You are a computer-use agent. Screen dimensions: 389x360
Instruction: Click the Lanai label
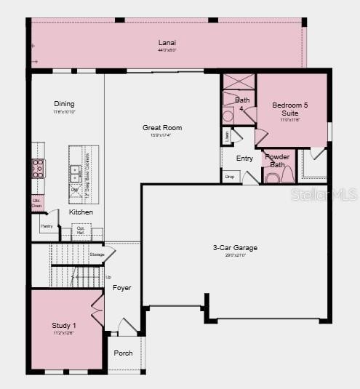pyautogui.click(x=167, y=43)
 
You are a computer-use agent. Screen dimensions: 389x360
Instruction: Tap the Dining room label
pyautogui.click(x=64, y=104)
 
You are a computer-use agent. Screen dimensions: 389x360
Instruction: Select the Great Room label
pyautogui.click(x=162, y=128)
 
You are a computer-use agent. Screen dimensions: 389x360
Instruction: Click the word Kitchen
pyautogui.click(x=81, y=212)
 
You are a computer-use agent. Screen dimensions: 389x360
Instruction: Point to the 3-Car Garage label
pyautogui.click(x=235, y=248)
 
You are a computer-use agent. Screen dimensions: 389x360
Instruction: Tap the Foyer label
pyautogui.click(x=122, y=288)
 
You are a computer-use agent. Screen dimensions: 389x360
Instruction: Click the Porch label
pyautogui.click(x=124, y=353)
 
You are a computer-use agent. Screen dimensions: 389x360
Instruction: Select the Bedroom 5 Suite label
pyautogui.click(x=289, y=109)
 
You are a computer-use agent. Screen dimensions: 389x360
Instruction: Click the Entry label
pyautogui.click(x=244, y=158)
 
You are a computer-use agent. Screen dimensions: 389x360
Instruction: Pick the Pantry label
pyautogui.click(x=47, y=226)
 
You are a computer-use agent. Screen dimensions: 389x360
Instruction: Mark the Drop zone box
pyautogui.click(x=230, y=176)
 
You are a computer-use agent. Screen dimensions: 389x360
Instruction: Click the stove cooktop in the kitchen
pyautogui.click(x=38, y=169)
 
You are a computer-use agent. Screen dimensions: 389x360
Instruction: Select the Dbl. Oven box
pyautogui.click(x=37, y=203)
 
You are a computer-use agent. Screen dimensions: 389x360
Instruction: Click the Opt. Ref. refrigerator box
pyautogui.click(x=80, y=231)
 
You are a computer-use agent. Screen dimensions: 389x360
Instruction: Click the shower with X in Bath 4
pyautogui.click(x=239, y=81)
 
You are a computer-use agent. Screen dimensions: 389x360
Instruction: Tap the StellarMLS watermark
pyautogui.click(x=324, y=194)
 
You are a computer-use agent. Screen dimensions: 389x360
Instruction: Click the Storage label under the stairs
pyautogui.click(x=97, y=254)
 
